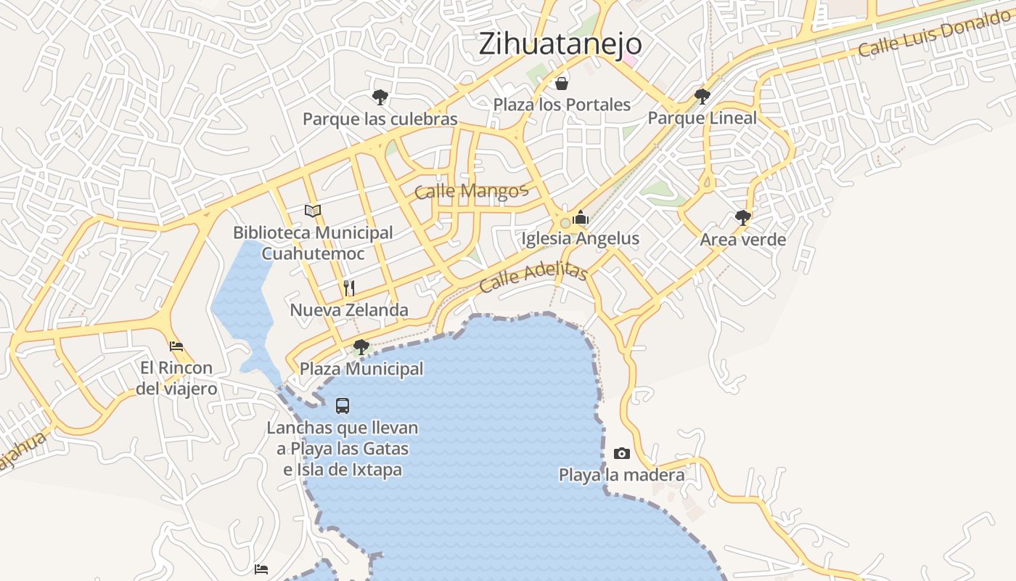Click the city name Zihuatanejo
click(x=560, y=44)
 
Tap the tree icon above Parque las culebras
click(x=380, y=97)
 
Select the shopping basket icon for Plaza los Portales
click(x=561, y=84)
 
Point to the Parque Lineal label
click(x=702, y=118)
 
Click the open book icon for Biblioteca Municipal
click(x=313, y=211)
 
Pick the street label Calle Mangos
click(x=470, y=191)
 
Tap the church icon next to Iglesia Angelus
click(x=580, y=217)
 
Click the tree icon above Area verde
click(x=742, y=217)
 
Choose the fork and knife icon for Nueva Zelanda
click(x=349, y=288)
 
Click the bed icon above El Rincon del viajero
click(x=176, y=346)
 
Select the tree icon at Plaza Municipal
click(x=361, y=347)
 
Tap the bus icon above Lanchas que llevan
click(x=343, y=406)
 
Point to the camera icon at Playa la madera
click(x=622, y=454)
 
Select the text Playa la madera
click(x=621, y=475)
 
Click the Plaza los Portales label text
click(x=562, y=105)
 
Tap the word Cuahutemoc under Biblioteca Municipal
click(x=313, y=253)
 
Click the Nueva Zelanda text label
click(x=349, y=310)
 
